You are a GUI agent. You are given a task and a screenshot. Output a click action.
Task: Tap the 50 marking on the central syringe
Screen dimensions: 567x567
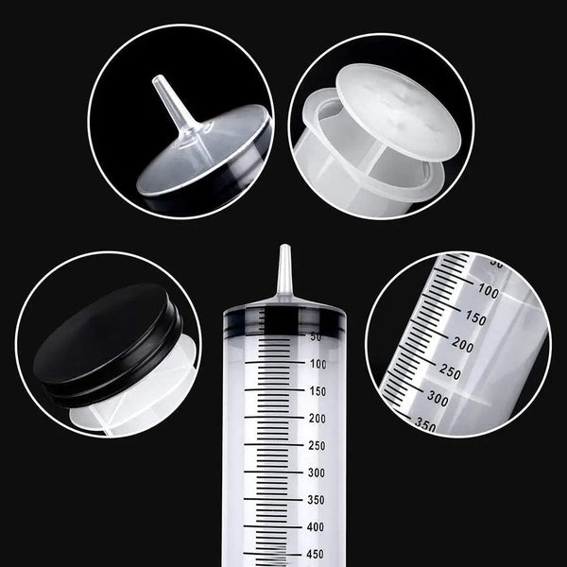click(x=315, y=335)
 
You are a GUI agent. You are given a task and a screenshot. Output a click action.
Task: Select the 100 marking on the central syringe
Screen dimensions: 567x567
click(x=317, y=363)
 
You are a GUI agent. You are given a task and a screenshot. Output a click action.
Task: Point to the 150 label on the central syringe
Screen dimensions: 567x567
click(x=317, y=390)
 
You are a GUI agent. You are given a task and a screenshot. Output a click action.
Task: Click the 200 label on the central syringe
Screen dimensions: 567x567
click(x=317, y=418)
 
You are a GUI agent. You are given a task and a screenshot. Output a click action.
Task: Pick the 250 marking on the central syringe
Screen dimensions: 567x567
click(x=317, y=445)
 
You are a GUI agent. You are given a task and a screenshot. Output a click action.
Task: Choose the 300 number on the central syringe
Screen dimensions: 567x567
click(x=317, y=472)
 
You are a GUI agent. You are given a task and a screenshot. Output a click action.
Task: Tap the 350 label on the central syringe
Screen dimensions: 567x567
click(x=317, y=500)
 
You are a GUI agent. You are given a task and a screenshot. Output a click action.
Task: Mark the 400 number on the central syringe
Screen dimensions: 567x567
click(x=317, y=527)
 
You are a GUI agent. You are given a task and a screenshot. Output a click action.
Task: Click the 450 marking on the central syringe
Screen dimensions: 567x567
click(x=317, y=555)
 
